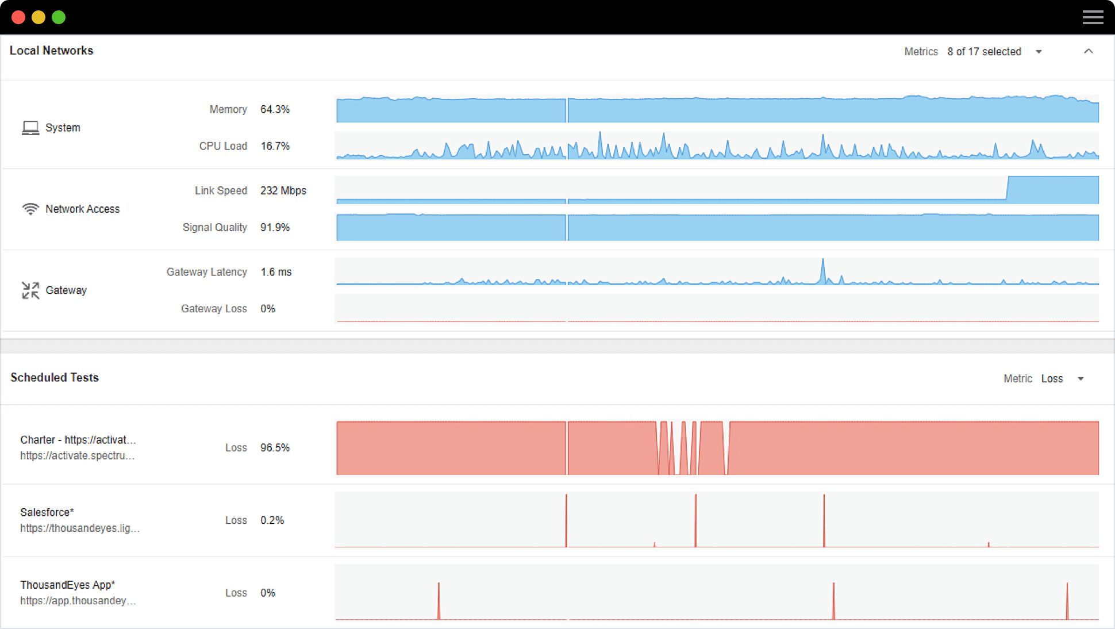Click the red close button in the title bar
pos(18,17)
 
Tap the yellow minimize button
pos(39,17)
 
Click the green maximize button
pos(59,17)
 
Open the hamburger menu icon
pos(1093,17)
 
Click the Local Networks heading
pos(51,51)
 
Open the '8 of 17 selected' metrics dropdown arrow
pos(1039,52)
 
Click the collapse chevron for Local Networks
pos(1088,51)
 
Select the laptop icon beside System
pos(30,128)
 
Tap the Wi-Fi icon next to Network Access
pos(30,209)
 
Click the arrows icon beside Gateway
pos(30,290)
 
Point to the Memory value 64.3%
pos(275,109)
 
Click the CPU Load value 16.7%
pos(275,146)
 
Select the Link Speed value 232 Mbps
pos(283,190)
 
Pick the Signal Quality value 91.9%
pos(275,227)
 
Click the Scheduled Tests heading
pos(55,377)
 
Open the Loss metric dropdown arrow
pos(1081,379)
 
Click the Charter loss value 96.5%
pos(275,447)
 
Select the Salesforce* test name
pos(47,512)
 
